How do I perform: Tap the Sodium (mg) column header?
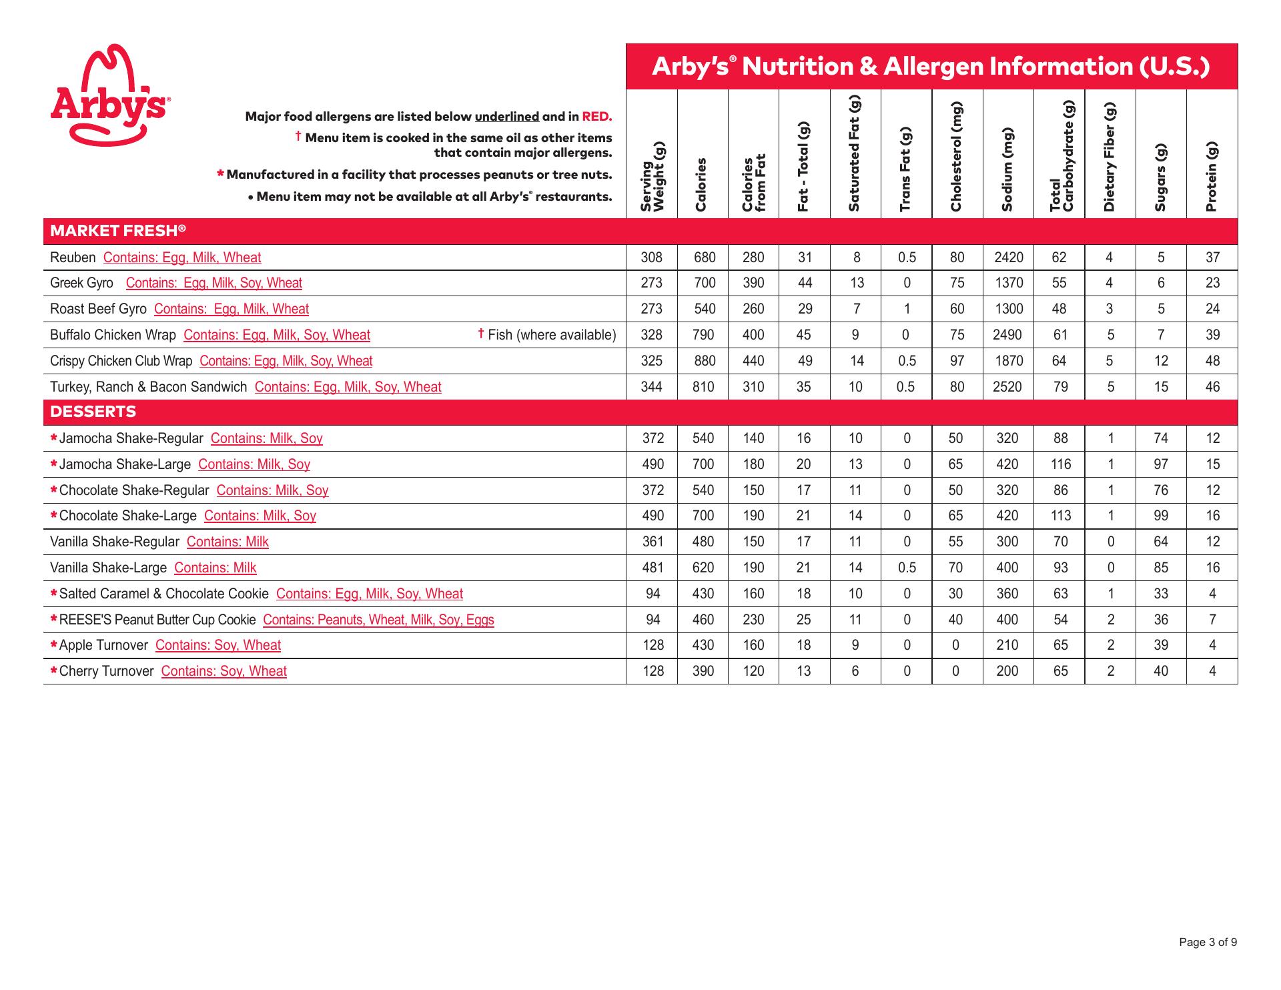pyautogui.click(x=1007, y=170)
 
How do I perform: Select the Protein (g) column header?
pyautogui.click(x=1212, y=177)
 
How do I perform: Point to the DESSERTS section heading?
pyautogui.click(x=93, y=412)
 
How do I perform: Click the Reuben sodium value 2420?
pyautogui.click(x=1007, y=258)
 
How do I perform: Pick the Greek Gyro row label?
pyautogui.click(x=82, y=283)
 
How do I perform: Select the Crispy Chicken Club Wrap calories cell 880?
pyautogui.click(x=704, y=361)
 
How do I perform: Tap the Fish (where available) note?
pyautogui.click(x=547, y=335)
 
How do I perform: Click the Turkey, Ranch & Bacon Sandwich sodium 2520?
pyautogui.click(x=1007, y=387)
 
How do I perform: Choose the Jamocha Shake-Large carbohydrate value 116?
pyautogui.click(x=1060, y=464)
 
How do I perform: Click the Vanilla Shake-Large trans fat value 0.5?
pyautogui.click(x=906, y=568)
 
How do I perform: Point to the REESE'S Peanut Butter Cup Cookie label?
pyautogui.click(x=157, y=620)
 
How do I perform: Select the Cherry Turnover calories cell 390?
pyautogui.click(x=703, y=671)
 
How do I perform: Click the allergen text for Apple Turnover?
pyautogui.click(x=218, y=645)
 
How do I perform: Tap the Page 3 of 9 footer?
pyautogui.click(x=1208, y=942)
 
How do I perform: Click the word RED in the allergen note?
pyautogui.click(x=596, y=117)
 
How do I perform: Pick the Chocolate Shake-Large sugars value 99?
pyautogui.click(x=1161, y=516)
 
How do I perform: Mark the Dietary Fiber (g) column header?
pyautogui.click(x=1110, y=157)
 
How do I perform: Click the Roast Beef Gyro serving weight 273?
pyautogui.click(x=651, y=309)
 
